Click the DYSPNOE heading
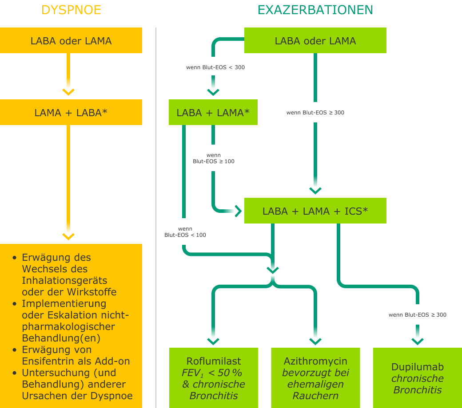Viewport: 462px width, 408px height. coord(71,10)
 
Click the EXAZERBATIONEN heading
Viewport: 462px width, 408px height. coord(315,10)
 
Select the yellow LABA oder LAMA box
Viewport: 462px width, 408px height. coord(71,41)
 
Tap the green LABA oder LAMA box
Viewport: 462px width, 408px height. coord(315,41)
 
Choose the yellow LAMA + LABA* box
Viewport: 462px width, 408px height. coord(71,113)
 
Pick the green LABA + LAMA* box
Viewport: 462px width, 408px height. coord(213,113)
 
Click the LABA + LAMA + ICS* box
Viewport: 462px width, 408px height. coord(315,211)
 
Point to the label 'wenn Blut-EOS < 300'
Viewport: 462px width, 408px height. coord(215,67)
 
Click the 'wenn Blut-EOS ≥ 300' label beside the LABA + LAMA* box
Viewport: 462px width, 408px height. coord(315,112)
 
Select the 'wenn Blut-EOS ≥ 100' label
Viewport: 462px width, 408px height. coord(214,158)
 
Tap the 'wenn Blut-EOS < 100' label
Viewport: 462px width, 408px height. coord(185,231)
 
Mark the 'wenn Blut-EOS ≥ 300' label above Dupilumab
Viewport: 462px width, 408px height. coord(418,314)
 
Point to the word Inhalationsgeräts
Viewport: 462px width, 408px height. coord(64,280)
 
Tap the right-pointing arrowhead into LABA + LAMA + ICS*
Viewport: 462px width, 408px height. coord(238,211)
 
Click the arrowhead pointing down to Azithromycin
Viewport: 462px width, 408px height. coord(315,341)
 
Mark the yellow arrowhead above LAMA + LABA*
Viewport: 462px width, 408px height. coord(68,91)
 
